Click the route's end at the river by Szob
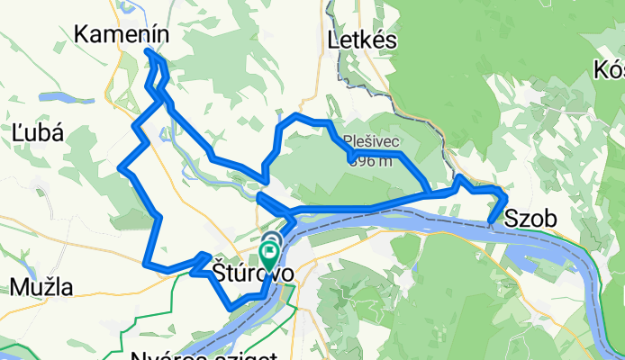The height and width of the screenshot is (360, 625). [x=489, y=220]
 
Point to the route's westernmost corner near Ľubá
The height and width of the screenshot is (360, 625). [x=122, y=167]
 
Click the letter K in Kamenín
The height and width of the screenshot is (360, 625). [x=82, y=34]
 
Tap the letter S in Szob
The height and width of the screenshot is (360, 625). [x=512, y=218]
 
